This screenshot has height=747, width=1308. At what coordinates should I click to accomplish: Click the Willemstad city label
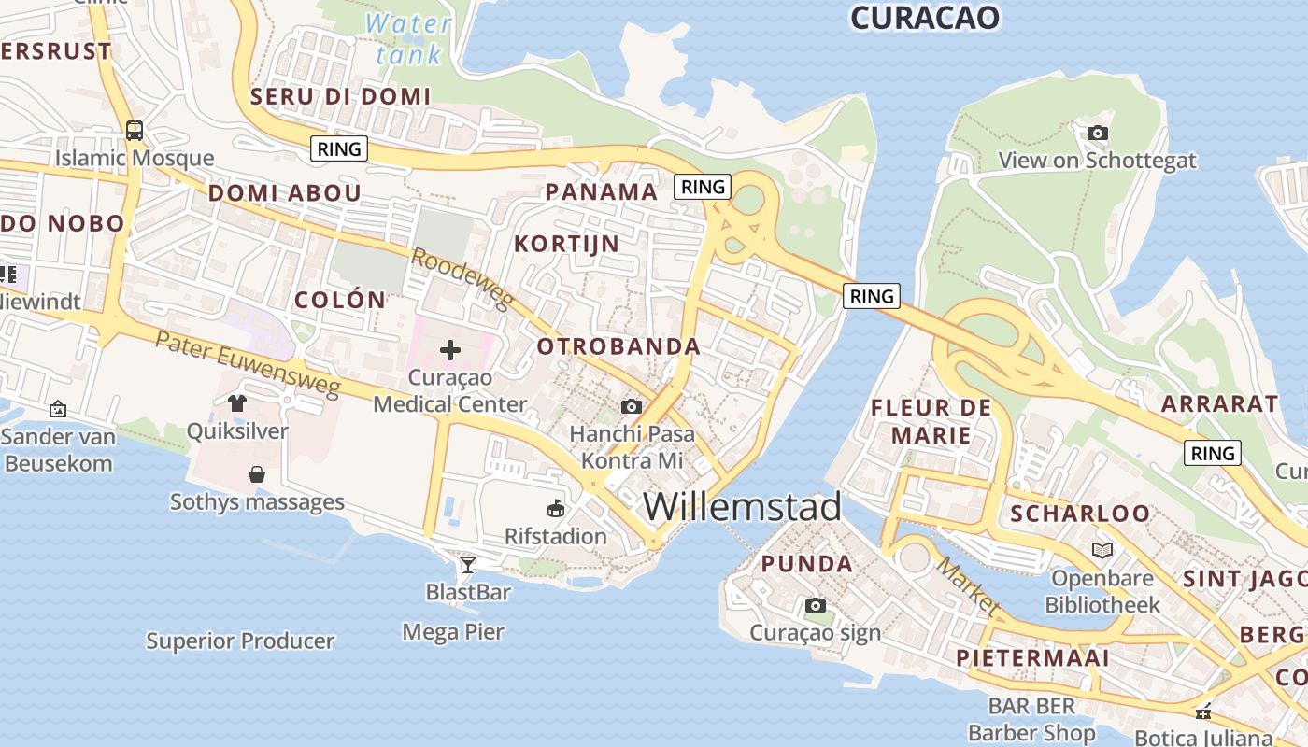(x=742, y=507)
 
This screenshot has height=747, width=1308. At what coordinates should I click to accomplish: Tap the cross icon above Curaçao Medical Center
(x=450, y=351)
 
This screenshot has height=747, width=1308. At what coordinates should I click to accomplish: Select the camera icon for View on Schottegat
(x=1098, y=133)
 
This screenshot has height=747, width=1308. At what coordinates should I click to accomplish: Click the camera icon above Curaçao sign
(x=816, y=605)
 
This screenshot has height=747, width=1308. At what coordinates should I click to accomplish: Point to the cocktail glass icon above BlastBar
(x=467, y=564)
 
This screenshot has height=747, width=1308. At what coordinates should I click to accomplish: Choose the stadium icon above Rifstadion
(x=556, y=508)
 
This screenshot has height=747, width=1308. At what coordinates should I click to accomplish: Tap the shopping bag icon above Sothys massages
(x=257, y=474)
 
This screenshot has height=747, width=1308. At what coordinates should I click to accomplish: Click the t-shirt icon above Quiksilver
(x=236, y=402)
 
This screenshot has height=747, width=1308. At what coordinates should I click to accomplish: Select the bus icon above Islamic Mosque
(x=135, y=130)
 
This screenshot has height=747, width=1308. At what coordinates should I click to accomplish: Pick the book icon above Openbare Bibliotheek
(x=1102, y=550)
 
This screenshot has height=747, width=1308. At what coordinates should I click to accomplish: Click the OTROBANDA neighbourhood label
(x=618, y=346)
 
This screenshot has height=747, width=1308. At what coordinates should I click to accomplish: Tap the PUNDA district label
(x=806, y=564)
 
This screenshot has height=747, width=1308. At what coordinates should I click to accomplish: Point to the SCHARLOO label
(x=1080, y=514)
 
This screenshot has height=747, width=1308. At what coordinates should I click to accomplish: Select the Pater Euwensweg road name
(x=248, y=364)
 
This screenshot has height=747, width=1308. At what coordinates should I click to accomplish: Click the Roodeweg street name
(x=462, y=279)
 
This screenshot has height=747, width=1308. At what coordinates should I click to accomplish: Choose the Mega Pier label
(x=453, y=632)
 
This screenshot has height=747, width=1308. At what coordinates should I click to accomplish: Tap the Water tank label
(x=409, y=39)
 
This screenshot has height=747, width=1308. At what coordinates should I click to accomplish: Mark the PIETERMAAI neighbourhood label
(x=1032, y=657)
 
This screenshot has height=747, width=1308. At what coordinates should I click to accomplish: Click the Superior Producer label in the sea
(x=240, y=641)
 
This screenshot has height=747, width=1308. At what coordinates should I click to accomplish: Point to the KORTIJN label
(x=566, y=244)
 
